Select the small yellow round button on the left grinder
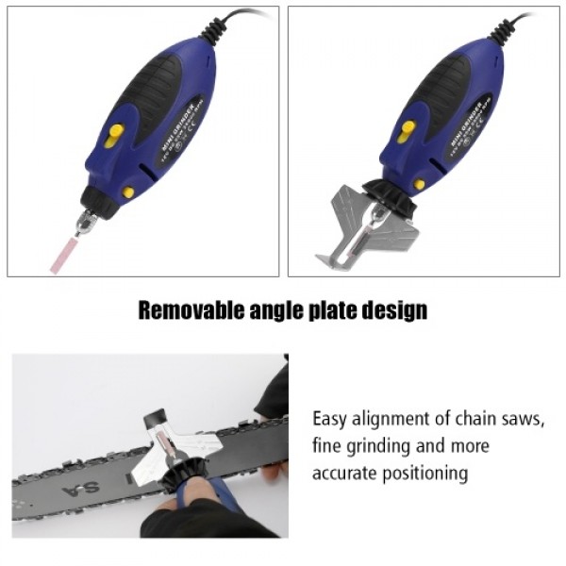click(x=127, y=192)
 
